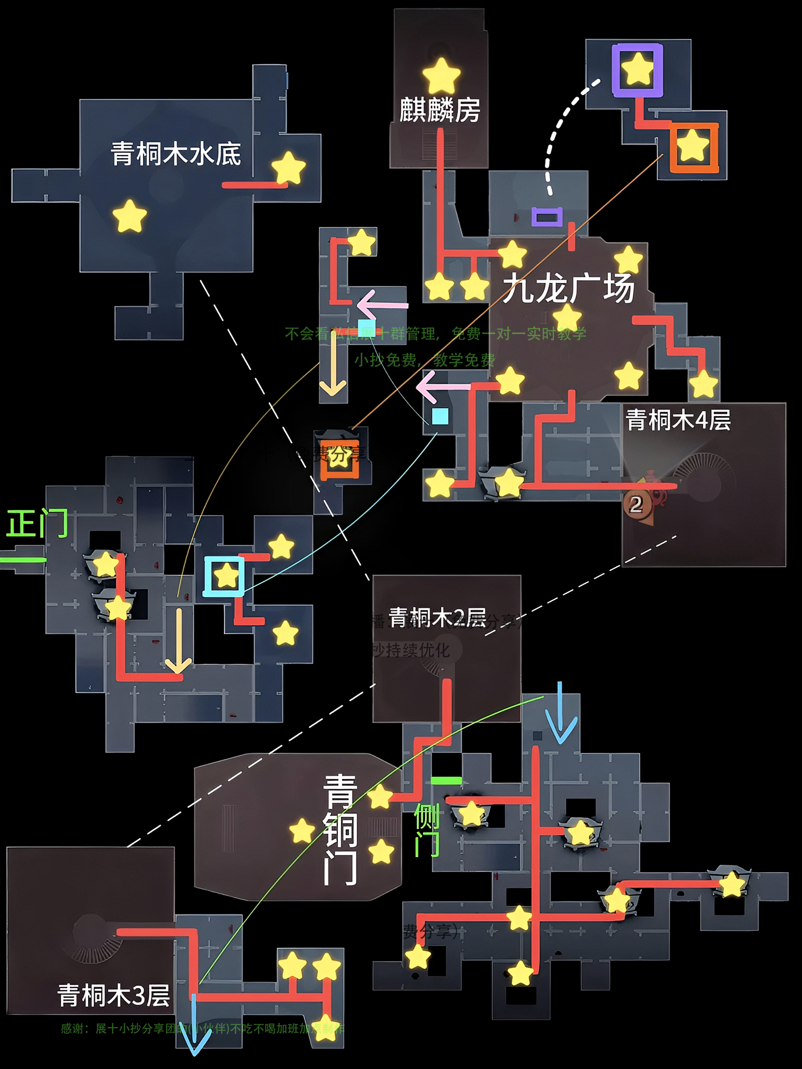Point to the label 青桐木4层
[678, 420]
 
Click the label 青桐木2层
[437, 618]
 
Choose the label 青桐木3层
[114, 996]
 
